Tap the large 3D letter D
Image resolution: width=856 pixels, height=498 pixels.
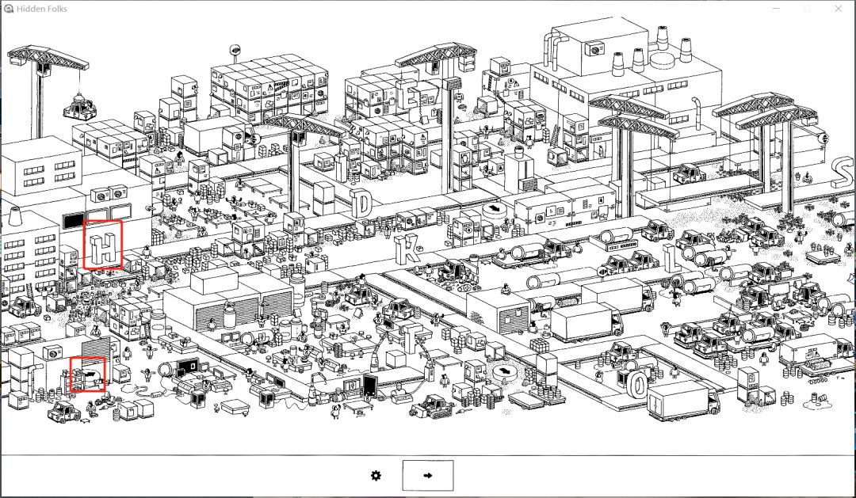pos(361,203)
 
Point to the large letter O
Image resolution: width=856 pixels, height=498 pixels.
pos(637,384)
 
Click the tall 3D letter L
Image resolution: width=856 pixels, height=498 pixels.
pos(672,258)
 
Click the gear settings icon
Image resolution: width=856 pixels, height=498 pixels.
pos(376,475)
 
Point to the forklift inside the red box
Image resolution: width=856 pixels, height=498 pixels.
pos(87,374)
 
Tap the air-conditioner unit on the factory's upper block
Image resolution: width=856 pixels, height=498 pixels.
pos(592,49)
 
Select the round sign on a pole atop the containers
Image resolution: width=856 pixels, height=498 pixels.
pos(235,49)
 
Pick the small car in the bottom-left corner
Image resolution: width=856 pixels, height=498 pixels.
pos(63,411)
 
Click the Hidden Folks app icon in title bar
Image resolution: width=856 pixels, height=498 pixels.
pos(8,9)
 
